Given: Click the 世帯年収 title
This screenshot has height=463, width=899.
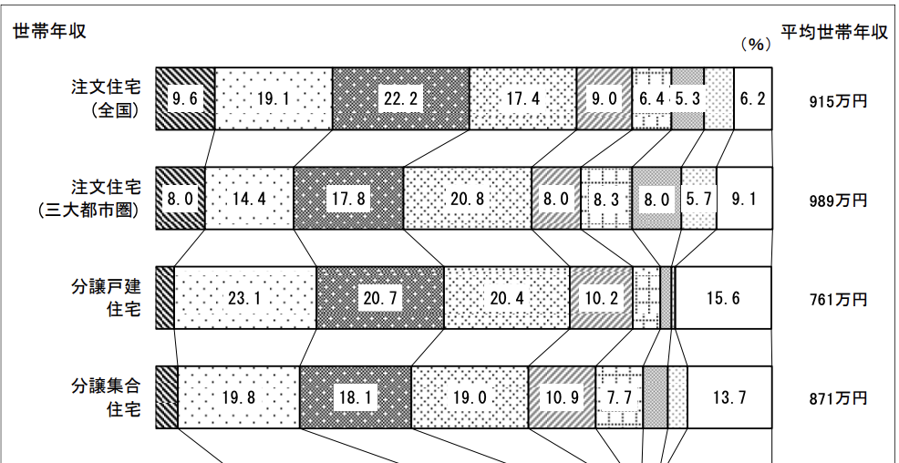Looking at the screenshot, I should [x=49, y=31].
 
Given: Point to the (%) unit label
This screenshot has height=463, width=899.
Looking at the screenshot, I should [x=756, y=43].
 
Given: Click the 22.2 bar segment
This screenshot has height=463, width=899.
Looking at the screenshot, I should [x=400, y=99].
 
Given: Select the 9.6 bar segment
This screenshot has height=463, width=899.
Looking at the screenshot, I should [x=184, y=99].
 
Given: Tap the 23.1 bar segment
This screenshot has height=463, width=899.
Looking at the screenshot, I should [x=244, y=298].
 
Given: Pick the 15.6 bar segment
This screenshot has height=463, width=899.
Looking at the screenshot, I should [x=723, y=298].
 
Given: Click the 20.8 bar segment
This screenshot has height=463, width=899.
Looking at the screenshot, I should [x=467, y=199].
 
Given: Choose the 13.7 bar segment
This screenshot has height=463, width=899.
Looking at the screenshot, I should [x=729, y=397].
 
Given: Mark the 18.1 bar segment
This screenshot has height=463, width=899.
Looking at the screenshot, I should [x=355, y=397].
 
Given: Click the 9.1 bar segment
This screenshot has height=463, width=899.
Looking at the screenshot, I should [x=744, y=199].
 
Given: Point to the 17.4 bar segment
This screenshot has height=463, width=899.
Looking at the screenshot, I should [x=522, y=99].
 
